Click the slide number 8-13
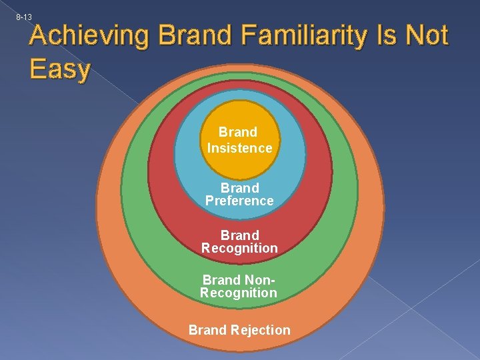click(x=24, y=16)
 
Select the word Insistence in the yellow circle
click(x=239, y=148)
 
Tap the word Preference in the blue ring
click(x=239, y=201)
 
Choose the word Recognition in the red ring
click(x=239, y=248)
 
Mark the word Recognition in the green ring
click(x=239, y=293)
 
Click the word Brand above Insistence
click(x=238, y=132)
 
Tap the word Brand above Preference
click(x=239, y=188)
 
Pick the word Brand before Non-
click(x=221, y=280)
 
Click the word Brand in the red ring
click(x=239, y=235)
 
